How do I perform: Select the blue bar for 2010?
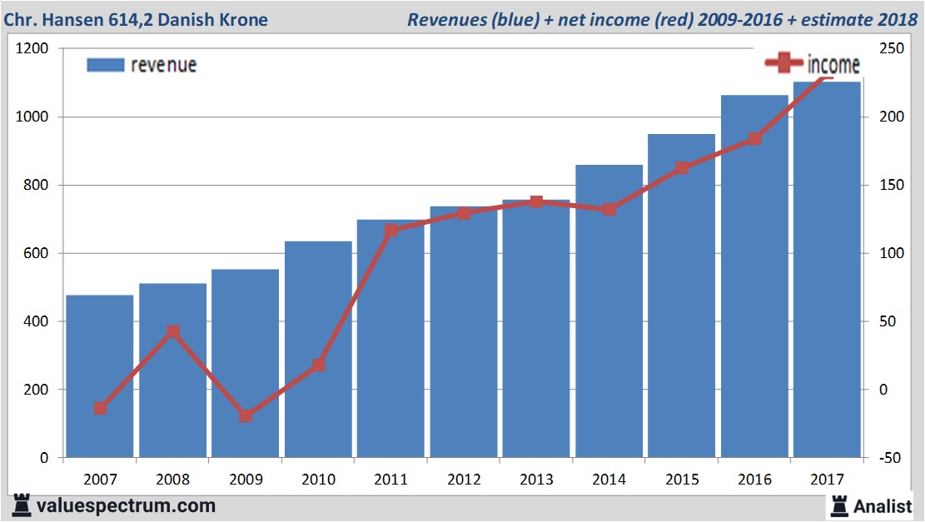tap(318, 350)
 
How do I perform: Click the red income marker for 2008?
tap(173, 332)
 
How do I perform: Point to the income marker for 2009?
tap(246, 415)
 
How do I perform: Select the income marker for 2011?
tap(391, 230)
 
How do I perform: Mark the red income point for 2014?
tap(609, 209)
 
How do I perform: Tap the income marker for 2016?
tap(754, 139)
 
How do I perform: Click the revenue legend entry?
tap(142, 65)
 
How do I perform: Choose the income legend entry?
tap(813, 63)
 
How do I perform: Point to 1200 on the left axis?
tap(32, 49)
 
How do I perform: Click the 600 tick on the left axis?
tap(36, 253)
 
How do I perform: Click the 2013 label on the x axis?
tap(536, 480)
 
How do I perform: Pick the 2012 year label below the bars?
tap(464, 480)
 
